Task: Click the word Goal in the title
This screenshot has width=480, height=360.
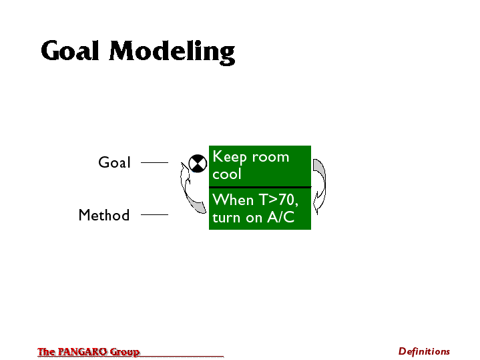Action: (x=70, y=50)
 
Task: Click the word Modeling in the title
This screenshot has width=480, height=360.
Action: (x=172, y=52)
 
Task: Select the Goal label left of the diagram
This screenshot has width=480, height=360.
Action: (x=114, y=162)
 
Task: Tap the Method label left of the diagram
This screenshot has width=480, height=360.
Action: (x=104, y=215)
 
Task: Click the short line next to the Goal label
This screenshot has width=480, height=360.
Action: (x=154, y=162)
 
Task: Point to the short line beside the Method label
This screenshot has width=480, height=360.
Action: (x=154, y=214)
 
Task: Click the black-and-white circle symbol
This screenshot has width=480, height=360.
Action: (x=198, y=164)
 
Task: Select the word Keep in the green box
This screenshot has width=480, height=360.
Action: (x=230, y=157)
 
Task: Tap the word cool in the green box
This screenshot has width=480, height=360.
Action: (x=227, y=174)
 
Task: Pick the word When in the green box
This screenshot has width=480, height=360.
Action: (x=233, y=200)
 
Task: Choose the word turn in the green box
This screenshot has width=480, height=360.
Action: (x=226, y=218)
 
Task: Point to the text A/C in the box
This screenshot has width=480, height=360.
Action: (x=280, y=217)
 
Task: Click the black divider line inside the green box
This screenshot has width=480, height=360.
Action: (x=260, y=187)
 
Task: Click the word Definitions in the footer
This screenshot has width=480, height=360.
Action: (x=424, y=351)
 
